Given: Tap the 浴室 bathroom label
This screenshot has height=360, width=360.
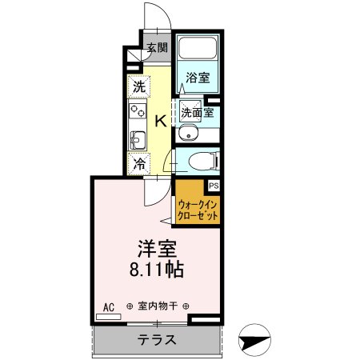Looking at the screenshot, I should [198, 78].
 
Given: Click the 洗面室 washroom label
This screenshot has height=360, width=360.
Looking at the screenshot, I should [196, 112].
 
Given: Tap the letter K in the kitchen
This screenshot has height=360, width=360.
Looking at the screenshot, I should [160, 121].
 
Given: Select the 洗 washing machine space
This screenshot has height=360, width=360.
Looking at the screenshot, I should [139, 86].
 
